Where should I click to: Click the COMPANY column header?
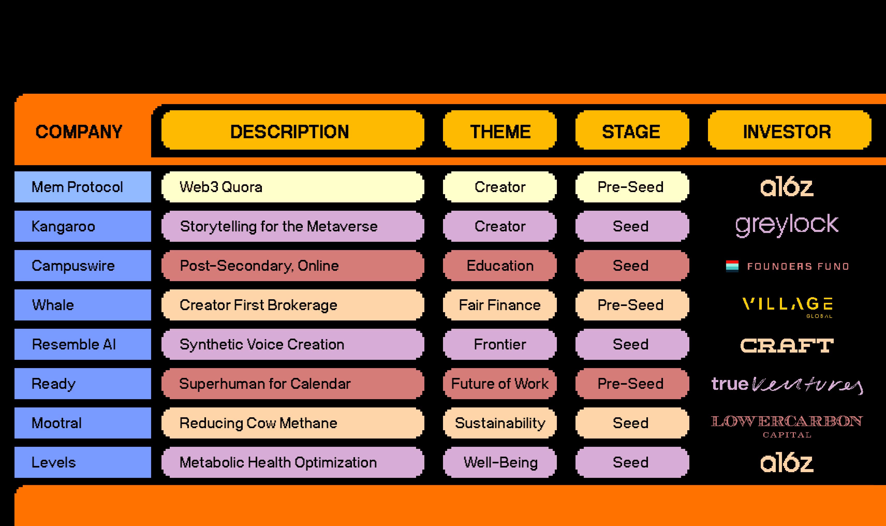tap(79, 131)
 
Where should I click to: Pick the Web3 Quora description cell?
tap(292, 187)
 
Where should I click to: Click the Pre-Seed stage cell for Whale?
tap(632, 305)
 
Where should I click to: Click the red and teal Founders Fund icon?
tap(732, 266)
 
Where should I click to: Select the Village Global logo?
tap(787, 306)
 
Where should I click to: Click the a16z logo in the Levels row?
tap(787, 463)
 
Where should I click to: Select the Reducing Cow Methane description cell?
tap(292, 423)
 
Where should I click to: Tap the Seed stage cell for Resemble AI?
tap(632, 344)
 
